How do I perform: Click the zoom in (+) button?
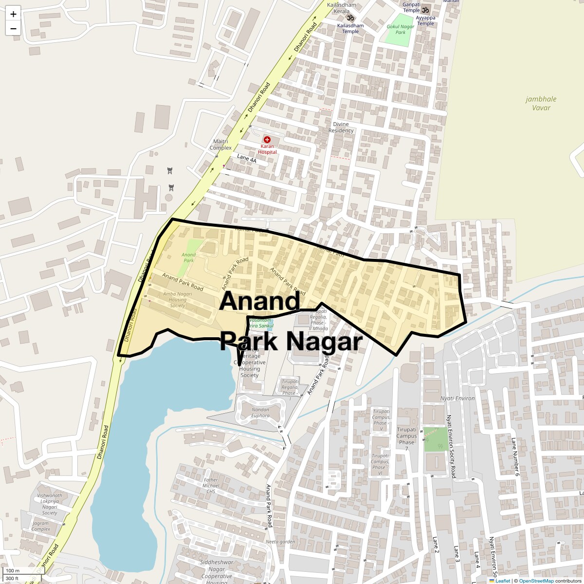pos(13,14)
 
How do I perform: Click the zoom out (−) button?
pos(13,28)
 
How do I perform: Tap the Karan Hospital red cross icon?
pos(267,140)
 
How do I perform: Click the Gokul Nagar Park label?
pos(400,29)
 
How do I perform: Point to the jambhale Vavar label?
pos(541,103)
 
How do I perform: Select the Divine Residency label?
pos(341,127)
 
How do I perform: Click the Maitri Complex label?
pos(220,145)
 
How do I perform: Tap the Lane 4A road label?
pos(246,159)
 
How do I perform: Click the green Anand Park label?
pos(188,257)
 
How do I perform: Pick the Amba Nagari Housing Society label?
pos(178,299)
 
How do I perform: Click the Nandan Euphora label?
pos(260,413)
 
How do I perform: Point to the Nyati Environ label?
pos(457,398)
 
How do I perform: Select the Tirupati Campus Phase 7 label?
pos(406,436)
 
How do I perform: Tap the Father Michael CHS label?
pos(211,486)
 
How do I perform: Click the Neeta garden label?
pos(280,542)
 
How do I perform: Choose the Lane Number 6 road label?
pos(515,456)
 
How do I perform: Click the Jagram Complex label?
pos(41,526)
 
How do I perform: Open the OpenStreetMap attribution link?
pos(536,581)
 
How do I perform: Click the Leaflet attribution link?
pos(502,581)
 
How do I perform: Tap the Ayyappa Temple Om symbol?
pos(425,10)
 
